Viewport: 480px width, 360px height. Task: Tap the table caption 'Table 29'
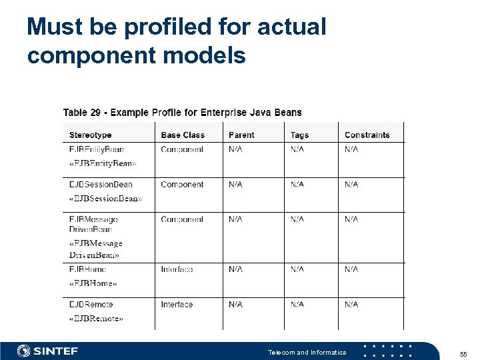[85, 113]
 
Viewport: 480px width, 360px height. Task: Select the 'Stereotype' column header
[91, 135]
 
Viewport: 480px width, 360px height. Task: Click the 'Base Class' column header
[183, 135]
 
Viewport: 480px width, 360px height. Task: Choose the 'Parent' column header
[241, 135]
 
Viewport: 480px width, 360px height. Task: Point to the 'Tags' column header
[299, 135]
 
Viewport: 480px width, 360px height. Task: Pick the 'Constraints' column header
[367, 135]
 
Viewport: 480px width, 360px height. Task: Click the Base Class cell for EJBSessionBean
[182, 185]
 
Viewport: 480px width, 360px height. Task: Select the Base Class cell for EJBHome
[177, 269]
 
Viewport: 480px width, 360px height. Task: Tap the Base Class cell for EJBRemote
[177, 305]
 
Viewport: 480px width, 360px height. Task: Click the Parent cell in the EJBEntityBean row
[235, 150]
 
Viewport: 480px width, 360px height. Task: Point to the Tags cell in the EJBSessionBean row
[297, 185]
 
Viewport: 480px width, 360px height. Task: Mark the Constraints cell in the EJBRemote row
[351, 305]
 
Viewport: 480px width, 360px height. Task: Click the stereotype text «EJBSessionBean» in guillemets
[105, 199]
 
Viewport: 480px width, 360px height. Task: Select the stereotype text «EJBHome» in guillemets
[93, 283]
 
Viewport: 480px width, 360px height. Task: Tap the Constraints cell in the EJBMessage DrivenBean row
[351, 219]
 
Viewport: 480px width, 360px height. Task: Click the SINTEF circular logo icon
[24, 351]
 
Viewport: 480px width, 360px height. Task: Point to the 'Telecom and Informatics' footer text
[307, 352]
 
